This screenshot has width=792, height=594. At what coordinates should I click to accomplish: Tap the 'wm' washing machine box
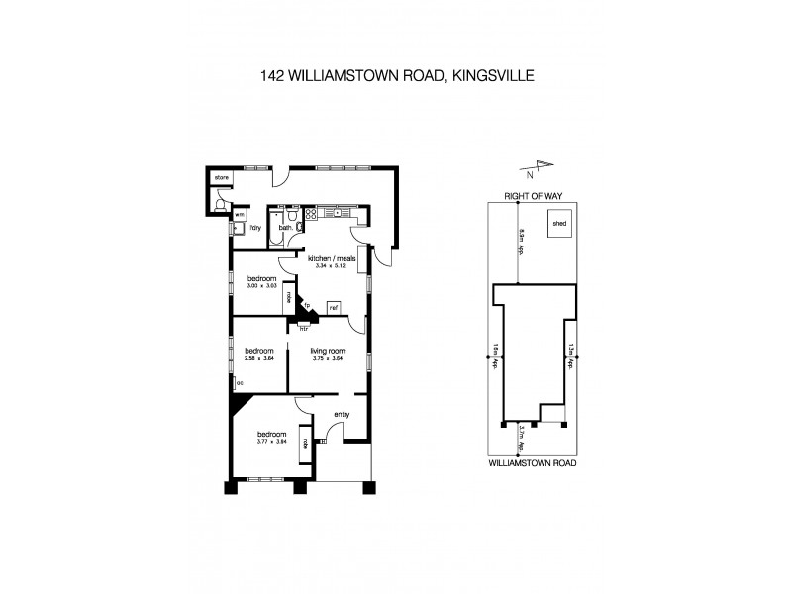pos(240,214)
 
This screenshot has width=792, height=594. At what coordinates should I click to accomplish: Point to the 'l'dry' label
pos(254,228)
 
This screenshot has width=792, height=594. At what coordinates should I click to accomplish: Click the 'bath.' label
pos(284,228)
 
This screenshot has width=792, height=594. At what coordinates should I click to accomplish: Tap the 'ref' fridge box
pos(334,307)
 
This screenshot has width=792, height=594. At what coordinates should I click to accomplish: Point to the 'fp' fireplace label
pos(308,304)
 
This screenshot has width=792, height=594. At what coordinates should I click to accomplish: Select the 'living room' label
pos(326,351)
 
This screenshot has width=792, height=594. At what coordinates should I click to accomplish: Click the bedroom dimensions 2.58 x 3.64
pos(259,360)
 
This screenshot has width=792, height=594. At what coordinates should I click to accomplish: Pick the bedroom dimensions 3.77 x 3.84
pos(271,443)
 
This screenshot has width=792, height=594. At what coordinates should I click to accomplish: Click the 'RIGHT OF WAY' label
pos(533,197)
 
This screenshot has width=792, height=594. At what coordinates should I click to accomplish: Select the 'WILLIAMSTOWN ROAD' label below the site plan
pos(534,462)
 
